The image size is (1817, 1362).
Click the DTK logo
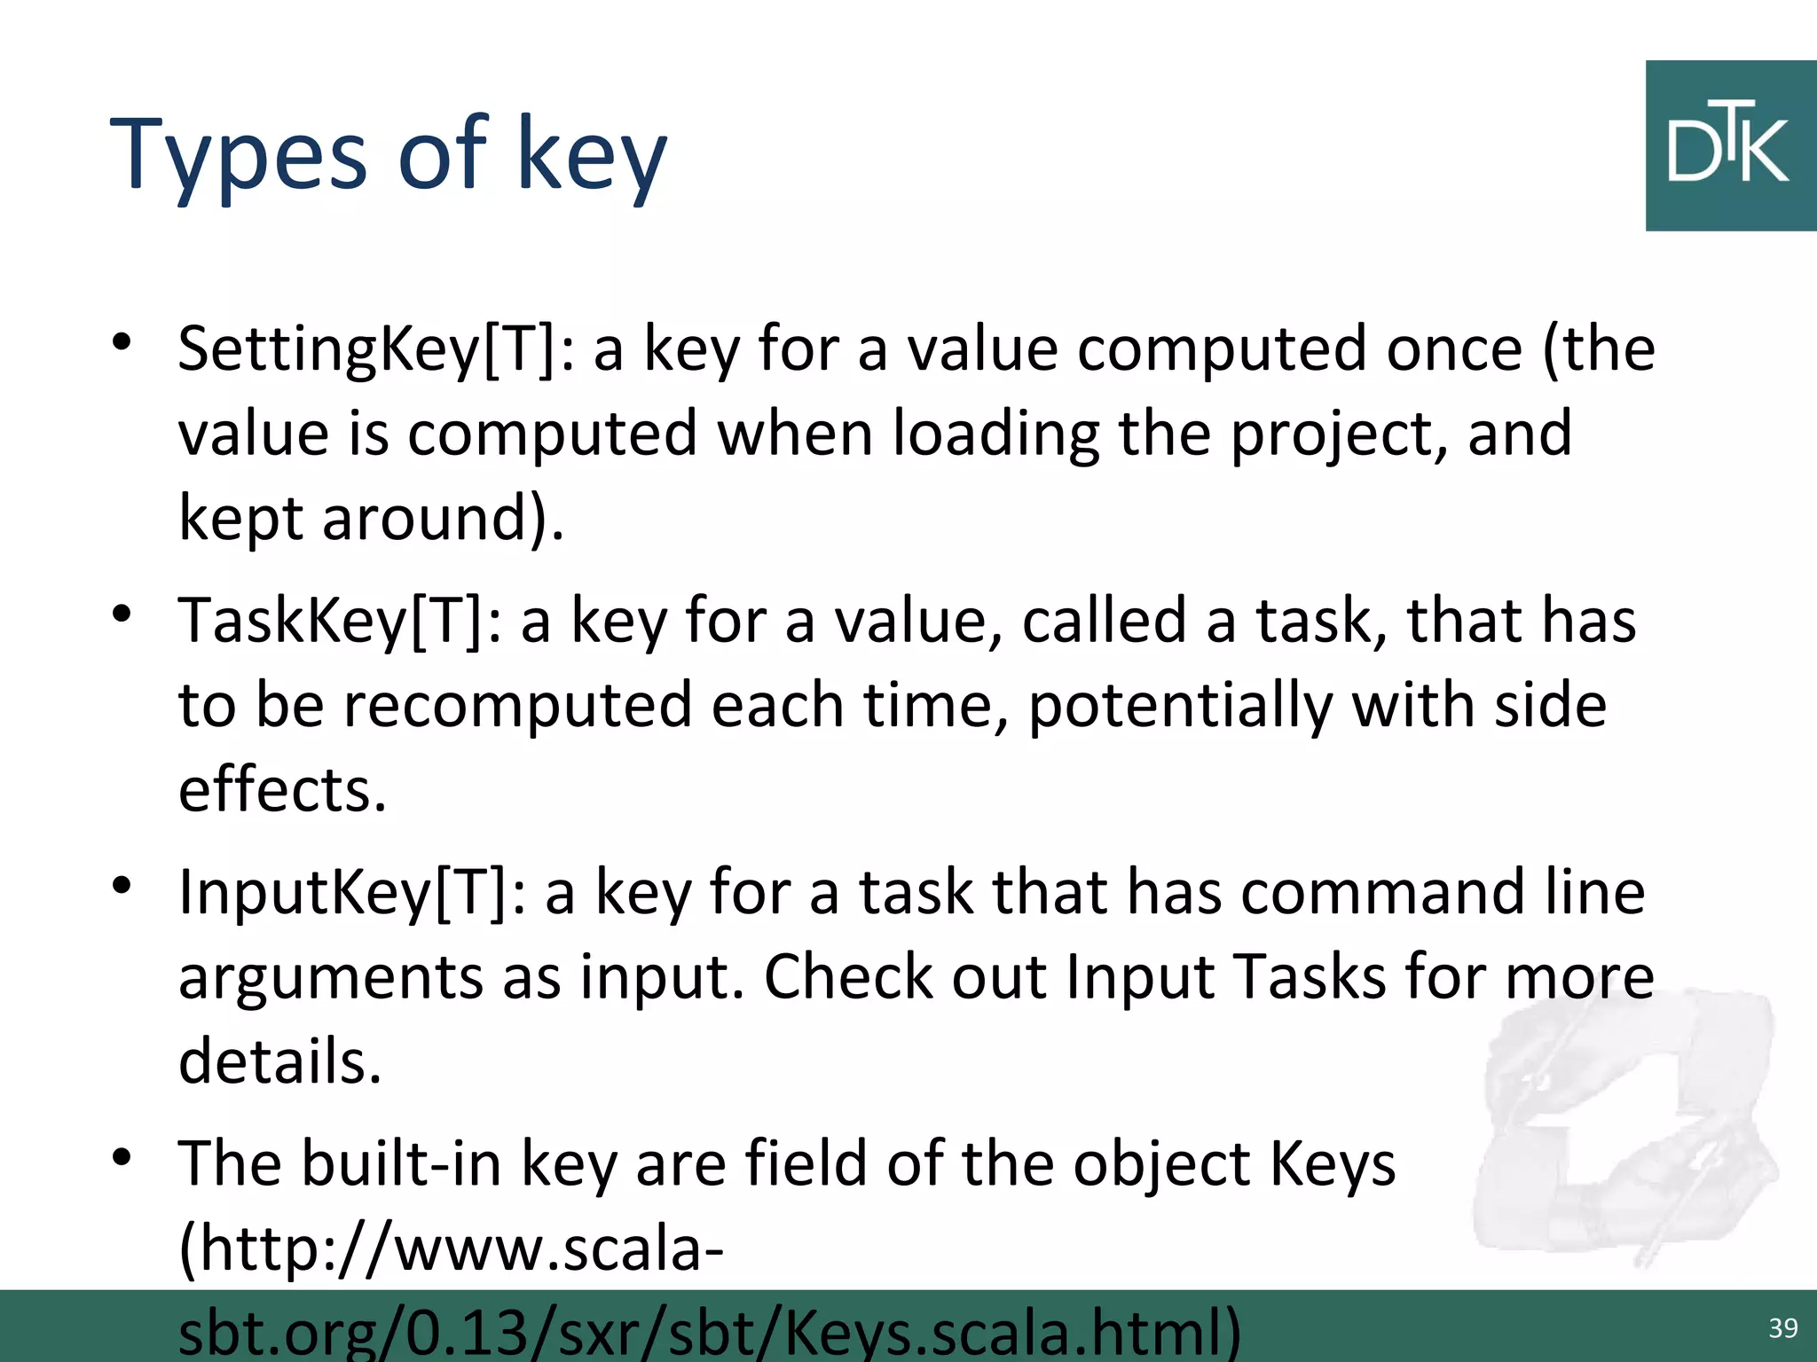pos(1730,146)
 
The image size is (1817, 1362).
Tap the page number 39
pos(1782,1327)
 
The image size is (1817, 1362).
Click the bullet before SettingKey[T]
pos(122,342)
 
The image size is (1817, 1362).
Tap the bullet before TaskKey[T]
pos(122,614)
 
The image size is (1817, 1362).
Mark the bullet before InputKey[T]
pos(122,885)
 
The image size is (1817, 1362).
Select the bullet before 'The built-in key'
pos(122,1156)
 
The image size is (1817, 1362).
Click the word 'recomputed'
pos(517,706)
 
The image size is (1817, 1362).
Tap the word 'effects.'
pos(282,790)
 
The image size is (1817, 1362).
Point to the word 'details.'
pos(279,1061)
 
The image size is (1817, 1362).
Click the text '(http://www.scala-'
pos(451,1248)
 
